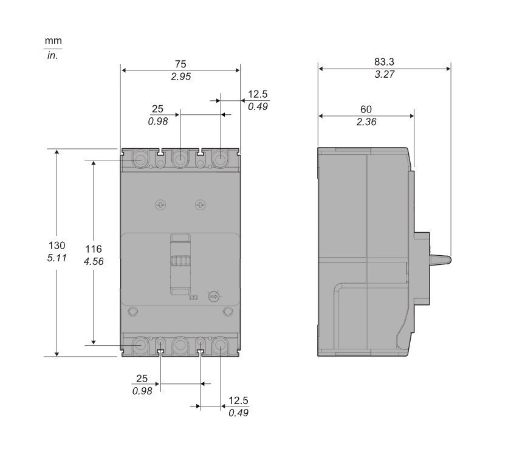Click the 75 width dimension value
[180, 64]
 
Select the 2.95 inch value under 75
[180, 77]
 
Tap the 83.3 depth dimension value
[384, 62]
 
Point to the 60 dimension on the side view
[366, 109]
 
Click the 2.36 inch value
[366, 122]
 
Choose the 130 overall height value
[57, 245]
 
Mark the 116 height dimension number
[93, 249]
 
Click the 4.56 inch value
[93, 261]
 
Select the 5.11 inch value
[57, 258]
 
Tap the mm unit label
[53, 41]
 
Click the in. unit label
[53, 56]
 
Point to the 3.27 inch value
[384, 75]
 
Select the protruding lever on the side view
[441, 259]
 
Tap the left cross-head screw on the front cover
[160, 205]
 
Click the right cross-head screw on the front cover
[201, 205]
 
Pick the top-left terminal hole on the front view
[140, 160]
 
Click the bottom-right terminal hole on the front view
[220, 346]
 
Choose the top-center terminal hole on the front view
[180, 160]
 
